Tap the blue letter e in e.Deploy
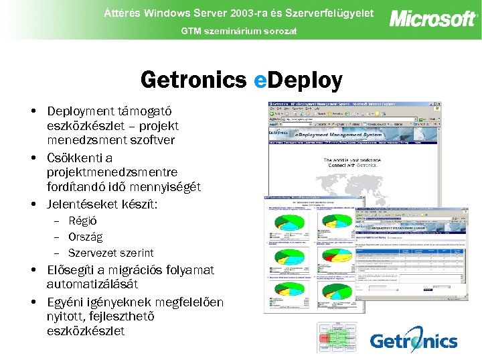pyautogui.click(x=260, y=81)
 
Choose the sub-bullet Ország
pyautogui.click(x=86, y=237)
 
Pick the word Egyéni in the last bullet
pyautogui.click(x=66, y=302)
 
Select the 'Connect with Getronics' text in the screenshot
pyautogui.click(x=353, y=165)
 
